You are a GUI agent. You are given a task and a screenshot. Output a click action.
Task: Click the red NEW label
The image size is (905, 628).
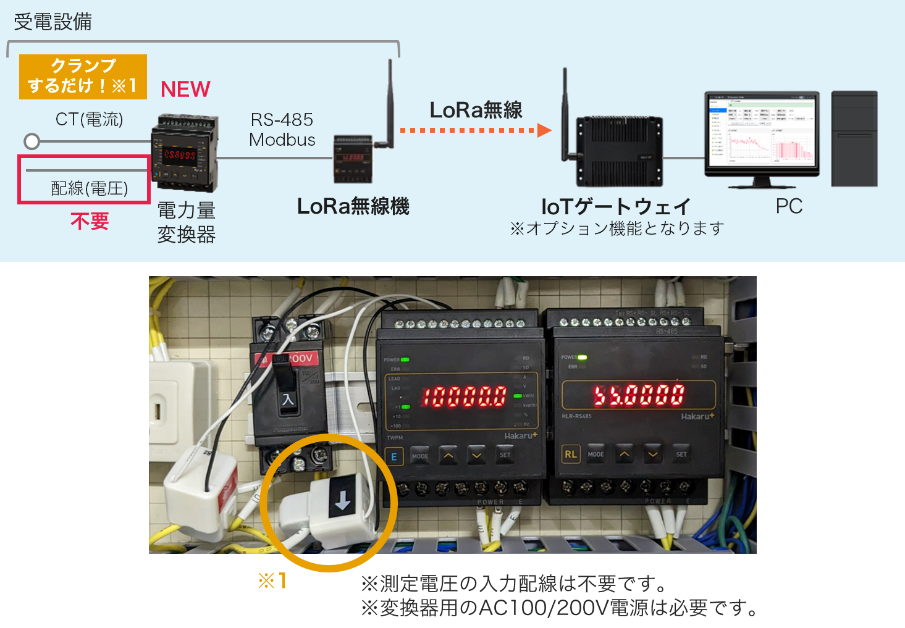[x=185, y=90]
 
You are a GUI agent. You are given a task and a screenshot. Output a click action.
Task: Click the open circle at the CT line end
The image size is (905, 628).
[x=32, y=141]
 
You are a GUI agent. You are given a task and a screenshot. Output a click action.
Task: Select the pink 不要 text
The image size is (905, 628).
[x=90, y=221]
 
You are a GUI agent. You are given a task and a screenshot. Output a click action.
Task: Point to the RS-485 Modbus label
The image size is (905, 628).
[x=282, y=130]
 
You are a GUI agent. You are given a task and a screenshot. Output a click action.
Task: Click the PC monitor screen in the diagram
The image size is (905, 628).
[x=761, y=131]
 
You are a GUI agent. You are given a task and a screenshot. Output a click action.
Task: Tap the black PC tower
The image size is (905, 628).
[x=854, y=138]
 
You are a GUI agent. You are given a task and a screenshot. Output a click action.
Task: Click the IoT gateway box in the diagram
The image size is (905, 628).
[x=619, y=151]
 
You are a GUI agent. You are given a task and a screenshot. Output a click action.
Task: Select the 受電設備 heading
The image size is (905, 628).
[x=53, y=22]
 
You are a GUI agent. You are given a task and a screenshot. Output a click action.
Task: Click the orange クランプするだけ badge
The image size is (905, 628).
[x=83, y=77]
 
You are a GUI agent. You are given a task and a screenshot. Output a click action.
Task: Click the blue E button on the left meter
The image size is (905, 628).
[x=394, y=457]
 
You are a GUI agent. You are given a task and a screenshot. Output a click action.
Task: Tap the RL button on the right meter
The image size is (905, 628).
[x=570, y=454]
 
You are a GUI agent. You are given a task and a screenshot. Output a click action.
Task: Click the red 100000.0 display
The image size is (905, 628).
[x=464, y=396]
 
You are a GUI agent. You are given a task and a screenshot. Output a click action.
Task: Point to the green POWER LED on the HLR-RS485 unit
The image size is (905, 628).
[x=582, y=357]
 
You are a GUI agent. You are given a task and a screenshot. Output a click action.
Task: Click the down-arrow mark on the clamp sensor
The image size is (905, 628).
[x=342, y=502]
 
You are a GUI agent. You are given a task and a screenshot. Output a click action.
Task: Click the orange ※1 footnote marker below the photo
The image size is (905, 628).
[x=272, y=580]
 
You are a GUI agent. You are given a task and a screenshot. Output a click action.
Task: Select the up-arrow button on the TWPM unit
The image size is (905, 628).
[x=448, y=456]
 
